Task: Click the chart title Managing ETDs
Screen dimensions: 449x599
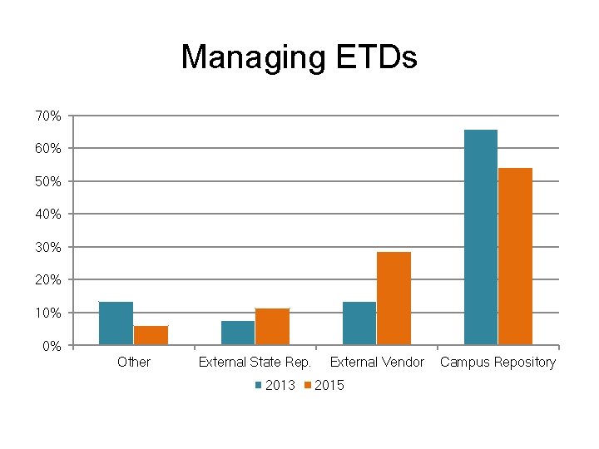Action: pos(299,57)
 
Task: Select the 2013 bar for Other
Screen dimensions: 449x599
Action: pos(116,323)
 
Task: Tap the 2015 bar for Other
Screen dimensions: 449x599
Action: pos(151,335)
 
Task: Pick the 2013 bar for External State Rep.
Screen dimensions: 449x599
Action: pos(238,333)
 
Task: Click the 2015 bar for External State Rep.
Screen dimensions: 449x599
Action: pos(272,327)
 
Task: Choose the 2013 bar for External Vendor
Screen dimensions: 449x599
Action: pos(359,323)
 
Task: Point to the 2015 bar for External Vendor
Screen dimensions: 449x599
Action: pos(394,299)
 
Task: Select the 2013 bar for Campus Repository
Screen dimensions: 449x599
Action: pos(481,237)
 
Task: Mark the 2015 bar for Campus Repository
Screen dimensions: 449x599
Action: pos(515,256)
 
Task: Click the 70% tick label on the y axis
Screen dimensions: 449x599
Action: pos(47,116)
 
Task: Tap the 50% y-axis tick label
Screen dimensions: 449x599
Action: pos(47,181)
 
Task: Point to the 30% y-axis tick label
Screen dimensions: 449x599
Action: pos(47,247)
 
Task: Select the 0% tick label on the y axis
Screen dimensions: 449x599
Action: pos(51,346)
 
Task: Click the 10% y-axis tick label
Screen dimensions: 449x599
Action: pos(47,313)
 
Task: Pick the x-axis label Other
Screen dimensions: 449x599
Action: pos(134,362)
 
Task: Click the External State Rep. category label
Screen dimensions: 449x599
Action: pos(255,362)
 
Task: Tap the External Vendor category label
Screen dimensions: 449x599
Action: pos(377,362)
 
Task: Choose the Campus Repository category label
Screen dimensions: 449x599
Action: pos(498,362)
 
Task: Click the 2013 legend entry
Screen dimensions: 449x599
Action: pos(274,385)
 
